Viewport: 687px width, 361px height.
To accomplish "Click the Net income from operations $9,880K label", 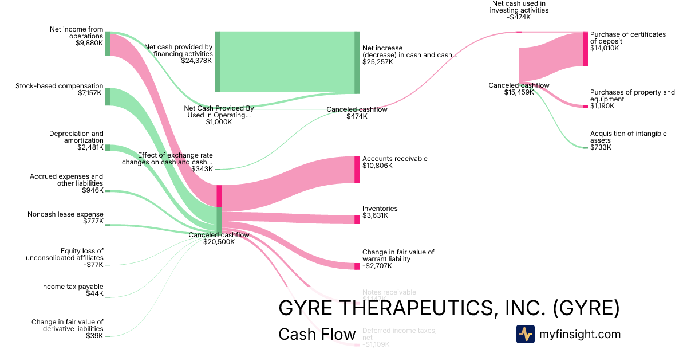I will click(76, 36).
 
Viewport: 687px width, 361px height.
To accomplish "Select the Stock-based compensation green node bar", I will click(108, 96).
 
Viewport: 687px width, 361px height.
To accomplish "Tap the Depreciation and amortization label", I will click(76, 140).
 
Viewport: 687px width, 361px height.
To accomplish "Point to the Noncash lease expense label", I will click(65, 218).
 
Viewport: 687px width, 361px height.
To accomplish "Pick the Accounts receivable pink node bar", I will click(357, 169).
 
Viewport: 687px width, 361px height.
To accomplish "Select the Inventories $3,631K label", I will click(380, 212).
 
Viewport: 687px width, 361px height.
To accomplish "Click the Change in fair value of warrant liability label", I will click(398, 259).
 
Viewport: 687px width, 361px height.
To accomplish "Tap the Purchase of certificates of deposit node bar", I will click(585, 49).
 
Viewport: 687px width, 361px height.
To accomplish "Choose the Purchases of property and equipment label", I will click(632, 99).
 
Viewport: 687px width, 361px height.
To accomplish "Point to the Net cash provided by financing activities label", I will click(179, 54).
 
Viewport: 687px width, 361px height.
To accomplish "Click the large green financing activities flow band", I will click(286, 61).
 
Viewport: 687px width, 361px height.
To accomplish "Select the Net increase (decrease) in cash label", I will click(409, 55).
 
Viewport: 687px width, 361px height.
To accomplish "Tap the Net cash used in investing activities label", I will click(520, 10).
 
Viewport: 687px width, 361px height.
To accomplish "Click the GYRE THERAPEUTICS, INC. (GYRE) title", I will click(449, 308).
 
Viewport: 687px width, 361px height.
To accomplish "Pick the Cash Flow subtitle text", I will click(317, 335).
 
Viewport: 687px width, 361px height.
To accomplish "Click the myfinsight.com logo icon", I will click(525, 334).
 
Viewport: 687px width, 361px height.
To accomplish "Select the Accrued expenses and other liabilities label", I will click(66, 183).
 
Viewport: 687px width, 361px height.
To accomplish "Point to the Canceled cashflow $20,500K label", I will click(219, 238).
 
